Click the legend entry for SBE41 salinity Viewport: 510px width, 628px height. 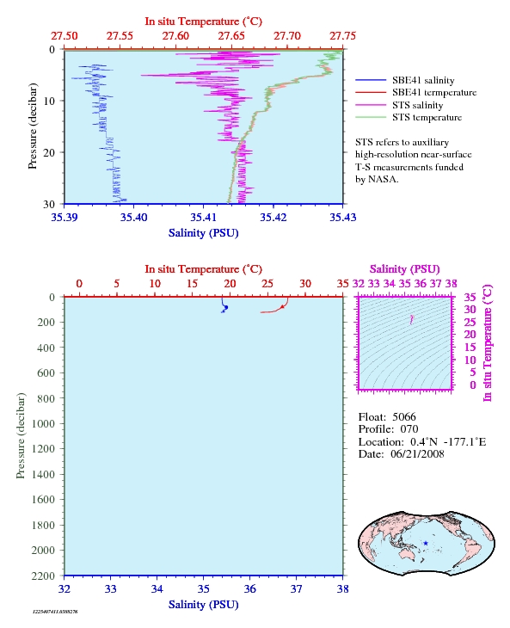(423, 81)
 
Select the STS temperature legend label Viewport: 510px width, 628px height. (427, 117)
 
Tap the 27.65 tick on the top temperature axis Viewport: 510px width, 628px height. (231, 36)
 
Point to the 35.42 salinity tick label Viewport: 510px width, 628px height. (273, 218)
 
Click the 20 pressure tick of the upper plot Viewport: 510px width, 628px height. (49, 152)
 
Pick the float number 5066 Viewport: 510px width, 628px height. (404, 417)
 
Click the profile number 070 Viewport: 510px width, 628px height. (409, 429)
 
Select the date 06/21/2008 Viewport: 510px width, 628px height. (417, 454)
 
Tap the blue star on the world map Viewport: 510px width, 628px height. (426, 544)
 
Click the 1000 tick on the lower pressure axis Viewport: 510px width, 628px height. (43, 424)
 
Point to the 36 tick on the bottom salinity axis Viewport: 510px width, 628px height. (249, 589)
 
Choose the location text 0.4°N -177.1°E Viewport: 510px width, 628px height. (448, 442)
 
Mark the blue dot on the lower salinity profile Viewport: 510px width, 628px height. (226, 308)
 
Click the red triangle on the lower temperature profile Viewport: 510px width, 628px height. (282, 306)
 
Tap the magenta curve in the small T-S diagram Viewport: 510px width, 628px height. (411, 319)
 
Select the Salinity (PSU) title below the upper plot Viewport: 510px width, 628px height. (203, 233)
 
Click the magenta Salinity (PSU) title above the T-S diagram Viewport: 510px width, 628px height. (405, 269)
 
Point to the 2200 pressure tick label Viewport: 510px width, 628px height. (43, 576)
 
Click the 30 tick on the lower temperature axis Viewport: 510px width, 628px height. (305, 284)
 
